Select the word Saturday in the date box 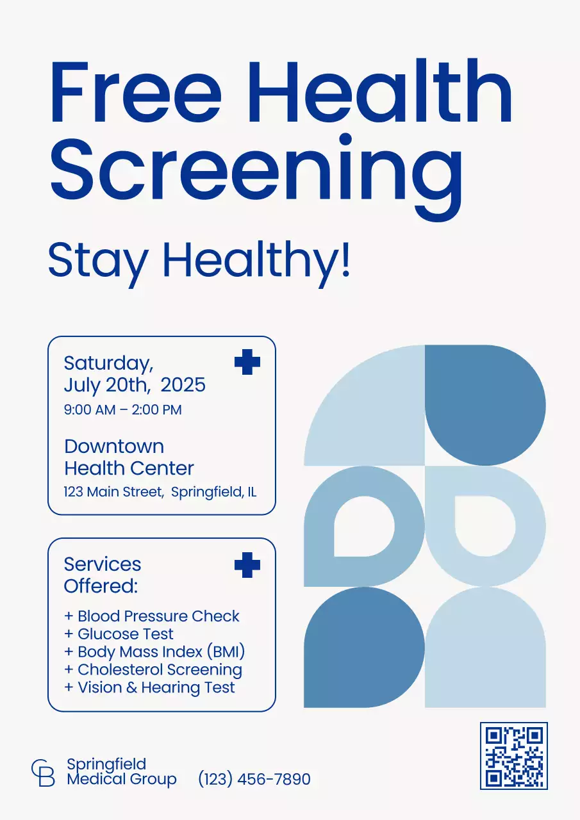tap(108, 363)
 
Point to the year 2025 tap(183, 385)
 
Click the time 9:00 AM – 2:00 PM tap(123, 410)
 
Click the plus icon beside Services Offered tap(247, 565)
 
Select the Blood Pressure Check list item tap(152, 616)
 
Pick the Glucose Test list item tap(119, 634)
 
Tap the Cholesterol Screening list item tap(153, 670)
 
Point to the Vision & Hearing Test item tap(149, 688)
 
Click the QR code tap(514, 756)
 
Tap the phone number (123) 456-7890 tap(254, 780)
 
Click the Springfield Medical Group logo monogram tap(43, 773)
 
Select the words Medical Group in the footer tap(122, 780)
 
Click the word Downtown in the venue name tap(114, 447)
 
